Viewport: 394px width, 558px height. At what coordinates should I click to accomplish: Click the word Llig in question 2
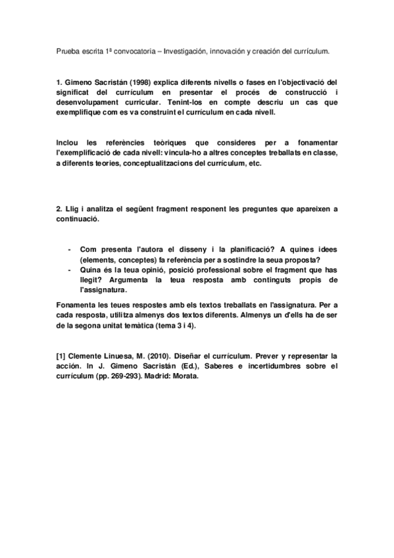click(x=76, y=209)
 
